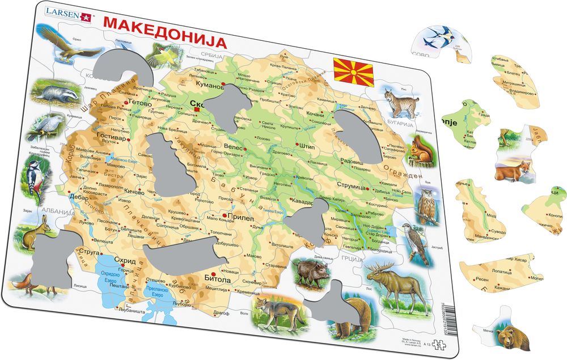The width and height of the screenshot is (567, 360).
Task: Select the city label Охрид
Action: click(124, 261)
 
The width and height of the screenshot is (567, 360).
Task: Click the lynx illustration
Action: click(400, 103)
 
